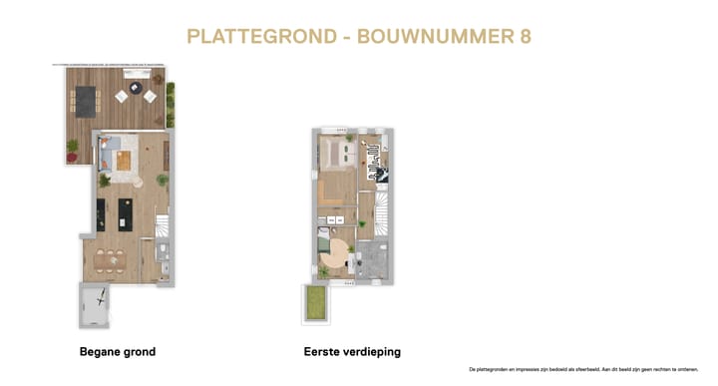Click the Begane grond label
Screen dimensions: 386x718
point(118,352)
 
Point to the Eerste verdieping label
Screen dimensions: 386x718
point(352,352)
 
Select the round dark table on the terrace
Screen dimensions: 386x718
point(136,89)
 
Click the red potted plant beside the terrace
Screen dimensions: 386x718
point(72,149)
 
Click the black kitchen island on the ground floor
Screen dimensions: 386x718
point(126,211)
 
